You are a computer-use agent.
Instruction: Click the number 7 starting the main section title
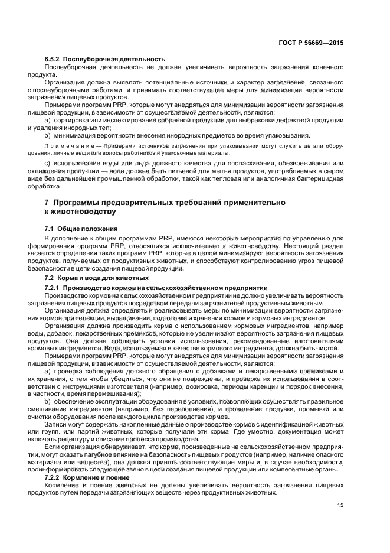(x=47, y=203)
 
